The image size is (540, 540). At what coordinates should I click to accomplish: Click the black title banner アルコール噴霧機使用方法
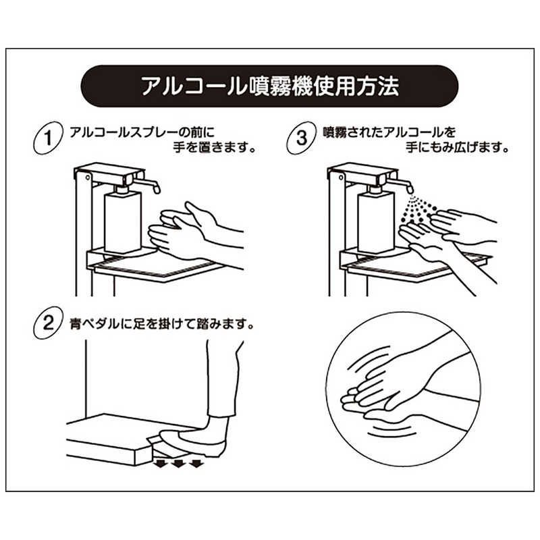269,86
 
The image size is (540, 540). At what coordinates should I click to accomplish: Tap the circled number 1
48,138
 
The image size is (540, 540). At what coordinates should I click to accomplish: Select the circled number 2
48,323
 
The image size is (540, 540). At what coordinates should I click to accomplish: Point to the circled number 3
302,138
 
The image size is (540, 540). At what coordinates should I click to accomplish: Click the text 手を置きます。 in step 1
215,148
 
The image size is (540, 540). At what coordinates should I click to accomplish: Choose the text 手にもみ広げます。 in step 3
457,148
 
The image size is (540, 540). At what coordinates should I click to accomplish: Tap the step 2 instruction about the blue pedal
162,324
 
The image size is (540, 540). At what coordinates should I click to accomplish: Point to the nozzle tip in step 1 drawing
157,190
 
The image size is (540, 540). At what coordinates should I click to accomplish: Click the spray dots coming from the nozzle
418,210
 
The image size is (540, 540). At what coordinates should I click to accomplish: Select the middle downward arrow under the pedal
179,463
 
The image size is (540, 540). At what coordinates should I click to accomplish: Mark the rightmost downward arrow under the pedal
196,463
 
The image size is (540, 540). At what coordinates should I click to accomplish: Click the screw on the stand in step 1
88,178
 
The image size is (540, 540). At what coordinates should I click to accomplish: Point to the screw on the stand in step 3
341,178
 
